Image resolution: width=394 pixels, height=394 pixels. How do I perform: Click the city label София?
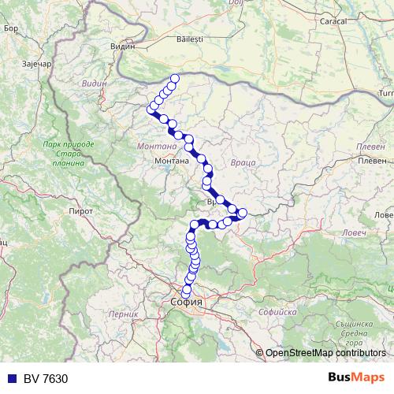point(187,302)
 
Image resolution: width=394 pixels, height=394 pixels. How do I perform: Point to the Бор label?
point(10,28)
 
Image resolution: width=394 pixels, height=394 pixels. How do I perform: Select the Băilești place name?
point(190,38)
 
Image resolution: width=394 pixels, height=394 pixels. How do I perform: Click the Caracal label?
point(333,21)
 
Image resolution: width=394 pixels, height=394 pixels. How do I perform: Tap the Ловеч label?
point(383,214)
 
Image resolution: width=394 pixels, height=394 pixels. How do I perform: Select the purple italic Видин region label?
point(93,83)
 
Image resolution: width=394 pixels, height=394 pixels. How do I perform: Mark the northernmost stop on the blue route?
point(175,78)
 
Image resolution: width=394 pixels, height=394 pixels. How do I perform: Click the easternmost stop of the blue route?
point(242,212)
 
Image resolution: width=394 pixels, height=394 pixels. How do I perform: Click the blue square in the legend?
point(8,377)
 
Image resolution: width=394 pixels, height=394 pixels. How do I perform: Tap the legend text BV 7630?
point(39,377)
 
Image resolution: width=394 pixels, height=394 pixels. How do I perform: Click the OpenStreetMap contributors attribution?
point(325,353)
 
